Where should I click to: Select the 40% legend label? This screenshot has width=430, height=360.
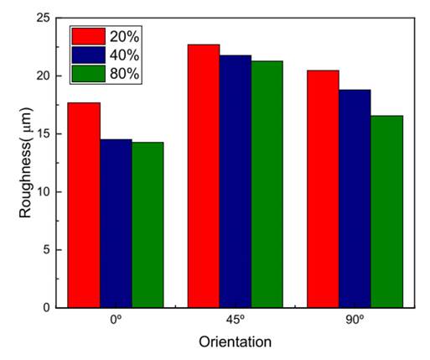point(124,55)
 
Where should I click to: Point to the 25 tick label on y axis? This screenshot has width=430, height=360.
point(42,18)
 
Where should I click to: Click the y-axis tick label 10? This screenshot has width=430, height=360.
point(42,191)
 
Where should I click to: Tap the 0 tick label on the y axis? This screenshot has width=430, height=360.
point(45,308)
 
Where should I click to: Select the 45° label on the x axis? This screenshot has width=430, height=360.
point(236,320)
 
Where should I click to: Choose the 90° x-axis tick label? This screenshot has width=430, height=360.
point(355,320)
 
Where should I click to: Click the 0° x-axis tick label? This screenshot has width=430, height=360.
point(116,320)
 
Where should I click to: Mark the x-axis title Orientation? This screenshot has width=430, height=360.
point(235,342)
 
